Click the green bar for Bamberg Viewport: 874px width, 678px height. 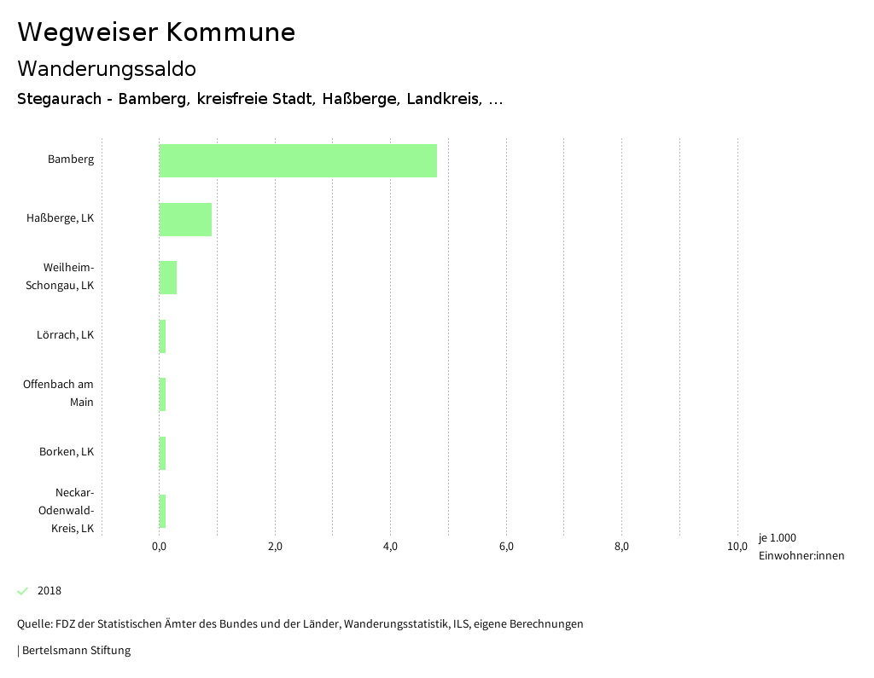pyautogui.click(x=298, y=160)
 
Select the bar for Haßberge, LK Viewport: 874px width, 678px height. pyautogui.click(x=185, y=219)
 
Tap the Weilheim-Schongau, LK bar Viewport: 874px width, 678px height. pyautogui.click(x=168, y=277)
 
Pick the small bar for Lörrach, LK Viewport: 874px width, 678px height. pyautogui.click(x=162, y=336)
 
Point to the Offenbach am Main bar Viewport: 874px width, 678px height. pyautogui.click(x=162, y=394)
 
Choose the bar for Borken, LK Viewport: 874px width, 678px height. pyautogui.click(x=162, y=453)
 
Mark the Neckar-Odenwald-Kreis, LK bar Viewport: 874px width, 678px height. pyautogui.click(x=162, y=511)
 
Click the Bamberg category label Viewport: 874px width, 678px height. pyautogui.click(x=71, y=159)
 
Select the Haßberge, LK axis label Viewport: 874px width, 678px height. pyautogui.click(x=60, y=218)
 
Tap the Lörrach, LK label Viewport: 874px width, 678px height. pyautogui.click(x=65, y=335)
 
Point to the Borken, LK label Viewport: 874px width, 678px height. pyautogui.click(x=67, y=452)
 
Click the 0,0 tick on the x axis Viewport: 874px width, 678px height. pyautogui.click(x=159, y=547)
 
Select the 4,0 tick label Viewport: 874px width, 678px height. pyautogui.click(x=390, y=547)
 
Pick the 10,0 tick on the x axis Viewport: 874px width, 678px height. pyautogui.click(x=737, y=547)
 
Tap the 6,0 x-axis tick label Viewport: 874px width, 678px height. pyautogui.click(x=506, y=547)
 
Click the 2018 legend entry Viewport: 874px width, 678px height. pyautogui.click(x=50, y=591)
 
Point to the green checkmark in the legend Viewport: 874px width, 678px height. pyautogui.click(x=23, y=591)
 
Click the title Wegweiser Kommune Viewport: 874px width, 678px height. pyautogui.click(x=156, y=32)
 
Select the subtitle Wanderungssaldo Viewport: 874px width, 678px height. pyautogui.click(x=107, y=68)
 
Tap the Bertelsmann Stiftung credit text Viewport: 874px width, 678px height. pyautogui.click(x=74, y=651)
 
